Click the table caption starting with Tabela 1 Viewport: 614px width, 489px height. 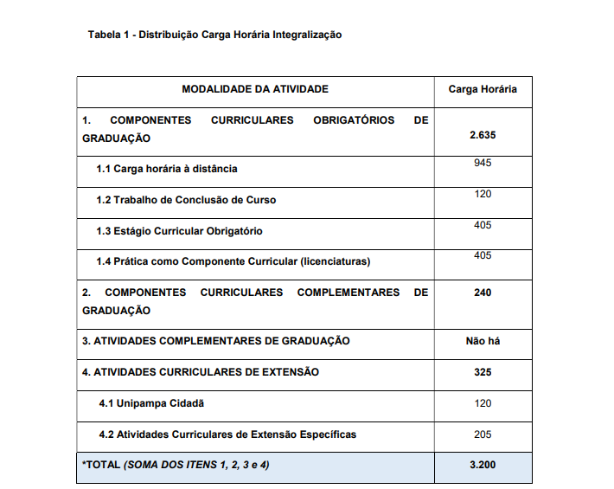[214, 35]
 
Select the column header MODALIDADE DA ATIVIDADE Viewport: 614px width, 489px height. [255, 89]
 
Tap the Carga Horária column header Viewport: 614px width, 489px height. [483, 89]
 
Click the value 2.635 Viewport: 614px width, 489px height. [483, 136]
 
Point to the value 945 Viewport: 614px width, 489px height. [483, 164]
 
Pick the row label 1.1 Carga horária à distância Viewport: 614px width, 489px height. [166, 169]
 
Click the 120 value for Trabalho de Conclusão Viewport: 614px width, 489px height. [483, 194]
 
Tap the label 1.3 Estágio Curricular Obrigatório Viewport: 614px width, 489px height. [179, 231]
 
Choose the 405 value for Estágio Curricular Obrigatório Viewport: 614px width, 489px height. [483, 225]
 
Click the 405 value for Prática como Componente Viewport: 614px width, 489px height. [483, 255]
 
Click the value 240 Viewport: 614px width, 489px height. [483, 293]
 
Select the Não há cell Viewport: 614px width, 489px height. [483, 341]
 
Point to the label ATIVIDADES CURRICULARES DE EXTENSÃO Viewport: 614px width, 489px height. [206, 372]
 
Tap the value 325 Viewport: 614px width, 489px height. [483, 372]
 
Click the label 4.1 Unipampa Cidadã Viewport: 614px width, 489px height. [151, 403]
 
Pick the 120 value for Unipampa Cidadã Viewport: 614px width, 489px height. [483, 403]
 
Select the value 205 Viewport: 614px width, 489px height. [483, 434]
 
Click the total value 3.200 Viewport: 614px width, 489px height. [483, 466]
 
